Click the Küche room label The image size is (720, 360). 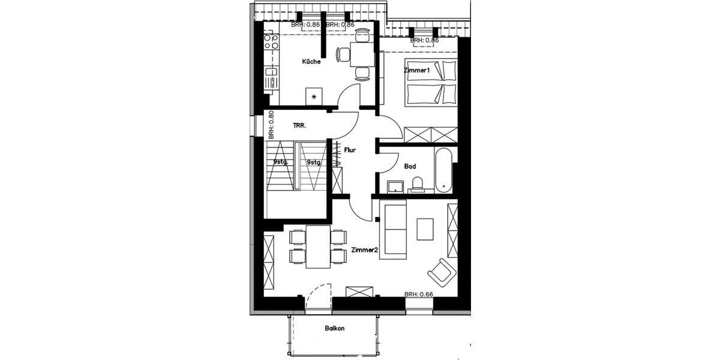pyautogui.click(x=311, y=61)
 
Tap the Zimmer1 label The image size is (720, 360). pyautogui.click(x=418, y=71)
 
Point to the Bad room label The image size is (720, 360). pyautogui.click(x=410, y=167)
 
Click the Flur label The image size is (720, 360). pyautogui.click(x=350, y=150)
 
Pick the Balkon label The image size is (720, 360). pyautogui.click(x=335, y=329)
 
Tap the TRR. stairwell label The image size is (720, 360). pyautogui.click(x=300, y=126)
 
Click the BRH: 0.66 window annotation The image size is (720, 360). pyautogui.click(x=418, y=295)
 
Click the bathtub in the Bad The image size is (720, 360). pyautogui.click(x=445, y=170)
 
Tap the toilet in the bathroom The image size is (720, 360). pyautogui.click(x=419, y=183)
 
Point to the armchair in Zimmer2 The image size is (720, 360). pyautogui.click(x=442, y=271)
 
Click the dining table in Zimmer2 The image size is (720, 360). pyautogui.click(x=317, y=247)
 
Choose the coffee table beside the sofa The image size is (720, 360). pyautogui.click(x=425, y=229)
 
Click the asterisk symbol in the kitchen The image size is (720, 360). pyautogui.click(x=314, y=96)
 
